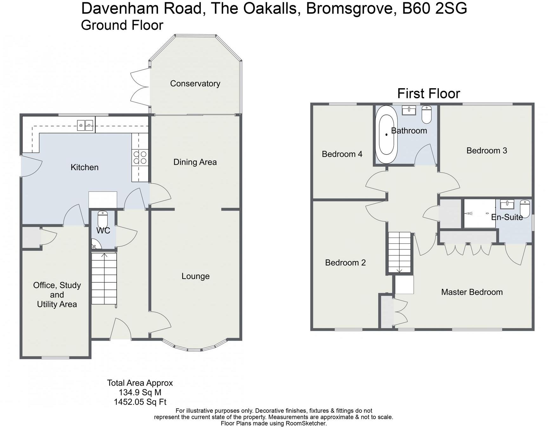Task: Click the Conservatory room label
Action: pos(195,83)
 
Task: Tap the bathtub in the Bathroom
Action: pos(386,135)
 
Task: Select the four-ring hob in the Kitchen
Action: pos(140,157)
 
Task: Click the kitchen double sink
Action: pos(85,125)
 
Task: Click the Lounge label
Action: pos(195,276)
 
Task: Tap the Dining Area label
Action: pos(195,162)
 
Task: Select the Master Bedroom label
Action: pos(472,292)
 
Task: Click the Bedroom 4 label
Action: pos(342,154)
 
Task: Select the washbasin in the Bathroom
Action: pos(409,110)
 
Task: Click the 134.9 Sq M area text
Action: pos(140,392)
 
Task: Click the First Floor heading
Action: pos(428,94)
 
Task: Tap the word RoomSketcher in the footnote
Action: pos(306,423)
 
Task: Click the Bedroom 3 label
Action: pos(486,150)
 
